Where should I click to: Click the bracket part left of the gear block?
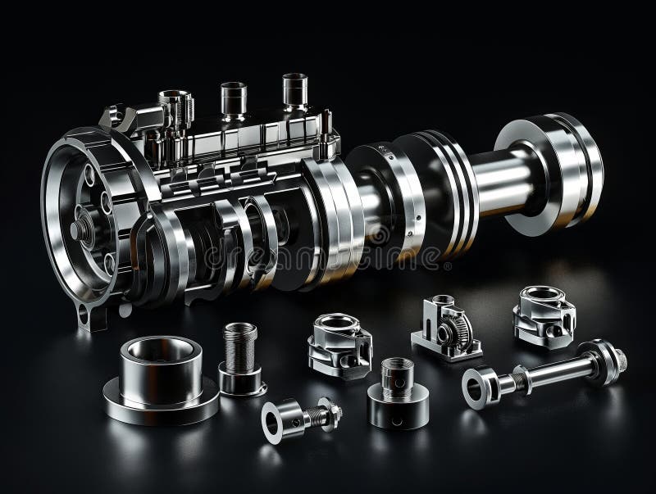point(339,344)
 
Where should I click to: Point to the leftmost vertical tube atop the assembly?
point(176,107)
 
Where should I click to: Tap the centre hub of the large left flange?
point(83,225)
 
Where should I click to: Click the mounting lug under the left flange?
point(95,313)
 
